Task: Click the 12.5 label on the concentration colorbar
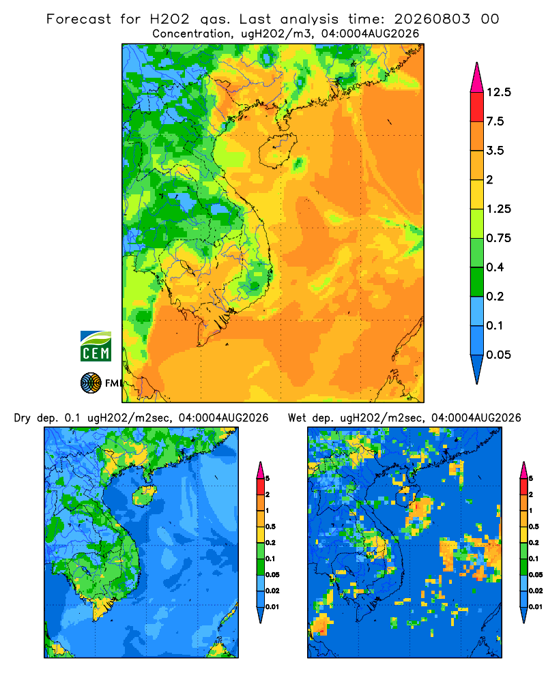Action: [498, 92]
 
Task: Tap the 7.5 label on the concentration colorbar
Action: [495, 121]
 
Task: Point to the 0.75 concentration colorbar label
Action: [498, 238]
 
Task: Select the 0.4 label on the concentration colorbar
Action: [495, 267]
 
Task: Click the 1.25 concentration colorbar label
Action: [498, 209]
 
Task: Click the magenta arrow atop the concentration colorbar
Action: [477, 78]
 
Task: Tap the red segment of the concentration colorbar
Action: [477, 107]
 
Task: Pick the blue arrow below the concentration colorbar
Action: [477, 369]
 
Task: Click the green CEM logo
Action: [96, 346]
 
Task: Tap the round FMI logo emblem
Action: [91, 383]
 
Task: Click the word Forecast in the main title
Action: [78, 19]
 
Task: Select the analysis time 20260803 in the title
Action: [432, 19]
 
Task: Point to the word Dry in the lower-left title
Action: [23, 418]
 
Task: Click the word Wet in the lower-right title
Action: [297, 418]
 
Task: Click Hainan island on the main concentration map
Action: [277, 151]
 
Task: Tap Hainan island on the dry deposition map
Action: [144, 496]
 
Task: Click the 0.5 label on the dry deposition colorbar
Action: [270, 527]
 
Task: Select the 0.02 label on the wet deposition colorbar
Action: [536, 591]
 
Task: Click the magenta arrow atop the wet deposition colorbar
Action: [523, 470]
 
